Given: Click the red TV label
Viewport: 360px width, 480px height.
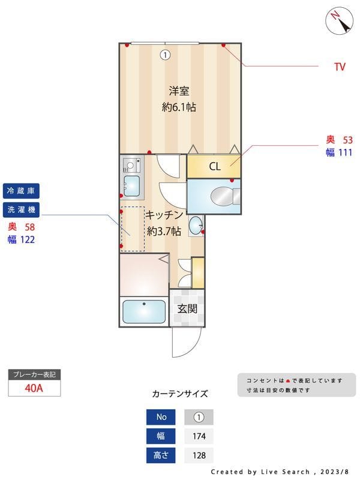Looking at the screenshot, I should (x=340, y=67).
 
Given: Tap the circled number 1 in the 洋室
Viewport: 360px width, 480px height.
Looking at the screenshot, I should (x=165, y=55).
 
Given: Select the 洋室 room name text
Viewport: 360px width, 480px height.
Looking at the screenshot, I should (x=179, y=92).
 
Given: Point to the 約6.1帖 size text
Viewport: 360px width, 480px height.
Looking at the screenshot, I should (x=179, y=108).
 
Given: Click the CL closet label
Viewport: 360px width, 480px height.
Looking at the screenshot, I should (x=214, y=167).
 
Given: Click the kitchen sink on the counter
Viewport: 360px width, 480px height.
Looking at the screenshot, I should (x=131, y=185).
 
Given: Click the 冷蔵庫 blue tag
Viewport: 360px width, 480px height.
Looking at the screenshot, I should (x=22, y=191).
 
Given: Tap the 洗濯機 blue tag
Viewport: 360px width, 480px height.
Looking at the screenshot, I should (x=22, y=210).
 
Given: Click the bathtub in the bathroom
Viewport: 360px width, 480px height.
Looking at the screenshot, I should (x=144, y=312).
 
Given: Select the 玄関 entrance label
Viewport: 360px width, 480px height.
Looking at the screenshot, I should (x=187, y=310).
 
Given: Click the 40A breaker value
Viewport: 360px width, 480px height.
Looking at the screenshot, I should (x=34, y=388).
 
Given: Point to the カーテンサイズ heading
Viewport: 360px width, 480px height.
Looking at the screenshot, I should (x=180, y=394).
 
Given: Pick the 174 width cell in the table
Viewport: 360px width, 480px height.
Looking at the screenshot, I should (x=199, y=436).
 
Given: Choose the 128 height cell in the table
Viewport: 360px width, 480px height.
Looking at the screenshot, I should (x=199, y=455).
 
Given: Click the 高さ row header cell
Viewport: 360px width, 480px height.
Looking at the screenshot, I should (x=161, y=455).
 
